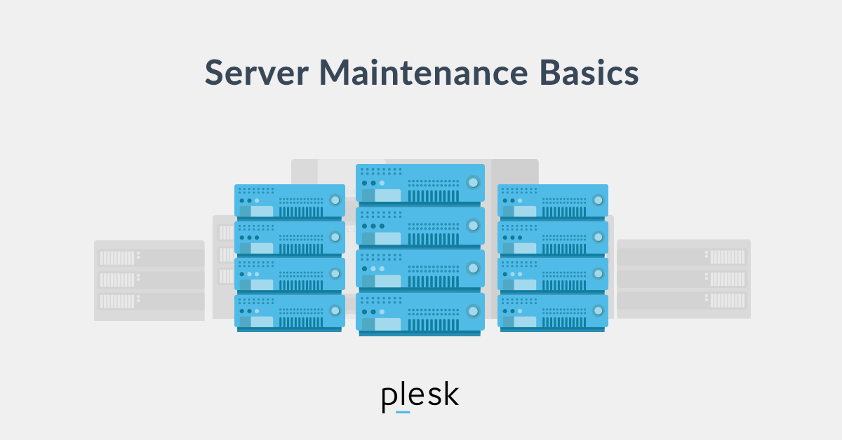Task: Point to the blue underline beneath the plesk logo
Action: (403, 412)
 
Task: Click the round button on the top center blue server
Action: (473, 183)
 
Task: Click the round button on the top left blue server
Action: (335, 200)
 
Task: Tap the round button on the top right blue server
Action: (598, 200)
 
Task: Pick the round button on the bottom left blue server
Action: (335, 310)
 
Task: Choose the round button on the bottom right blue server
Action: (598, 310)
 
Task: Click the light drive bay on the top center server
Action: (388, 195)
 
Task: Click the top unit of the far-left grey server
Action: (149, 257)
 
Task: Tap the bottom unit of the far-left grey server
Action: (149, 301)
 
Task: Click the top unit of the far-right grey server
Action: (683, 257)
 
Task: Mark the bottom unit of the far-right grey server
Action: (683, 301)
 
